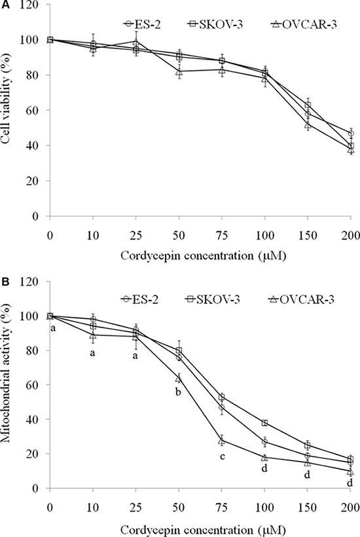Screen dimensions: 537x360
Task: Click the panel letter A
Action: (x=5, y=6)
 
